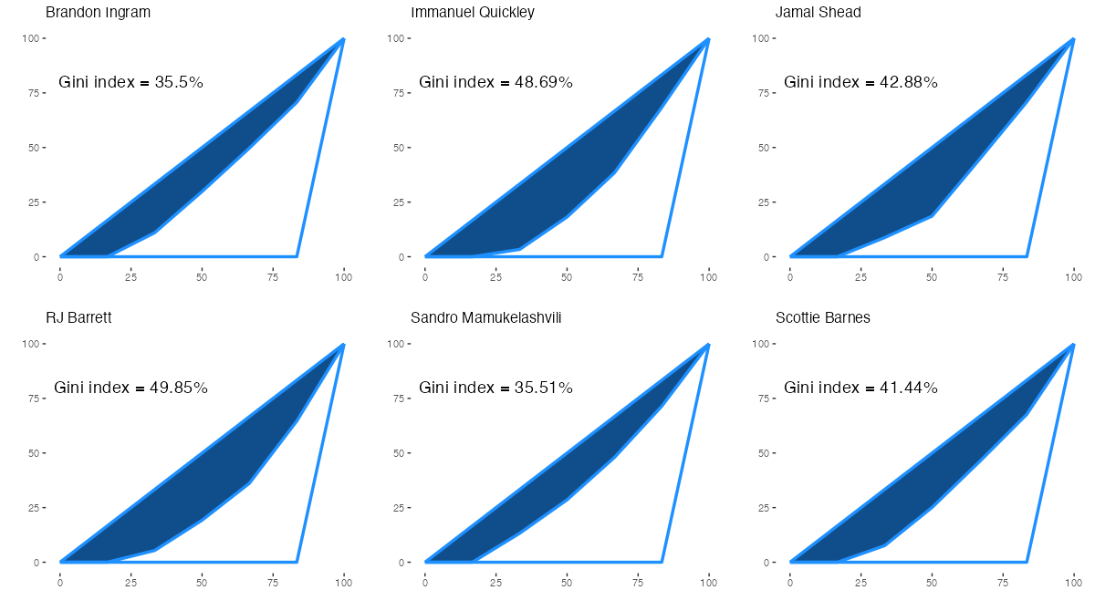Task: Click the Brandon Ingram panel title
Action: (98, 13)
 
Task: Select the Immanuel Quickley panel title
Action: (473, 13)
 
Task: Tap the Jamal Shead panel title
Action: (818, 13)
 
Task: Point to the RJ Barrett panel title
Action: (78, 318)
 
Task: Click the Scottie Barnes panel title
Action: (822, 318)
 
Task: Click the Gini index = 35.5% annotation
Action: (130, 82)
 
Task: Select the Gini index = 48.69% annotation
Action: (495, 82)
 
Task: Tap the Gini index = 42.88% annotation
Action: (860, 82)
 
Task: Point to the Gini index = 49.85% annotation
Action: (130, 388)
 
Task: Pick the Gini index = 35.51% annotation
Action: (495, 388)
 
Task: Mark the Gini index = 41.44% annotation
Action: (860, 388)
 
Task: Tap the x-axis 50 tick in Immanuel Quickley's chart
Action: (567, 275)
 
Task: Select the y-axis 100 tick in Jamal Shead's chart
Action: (761, 38)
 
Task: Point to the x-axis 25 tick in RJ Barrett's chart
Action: (131, 581)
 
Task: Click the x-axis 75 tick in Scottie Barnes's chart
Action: (1003, 581)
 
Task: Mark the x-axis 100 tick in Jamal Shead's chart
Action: (1074, 275)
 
